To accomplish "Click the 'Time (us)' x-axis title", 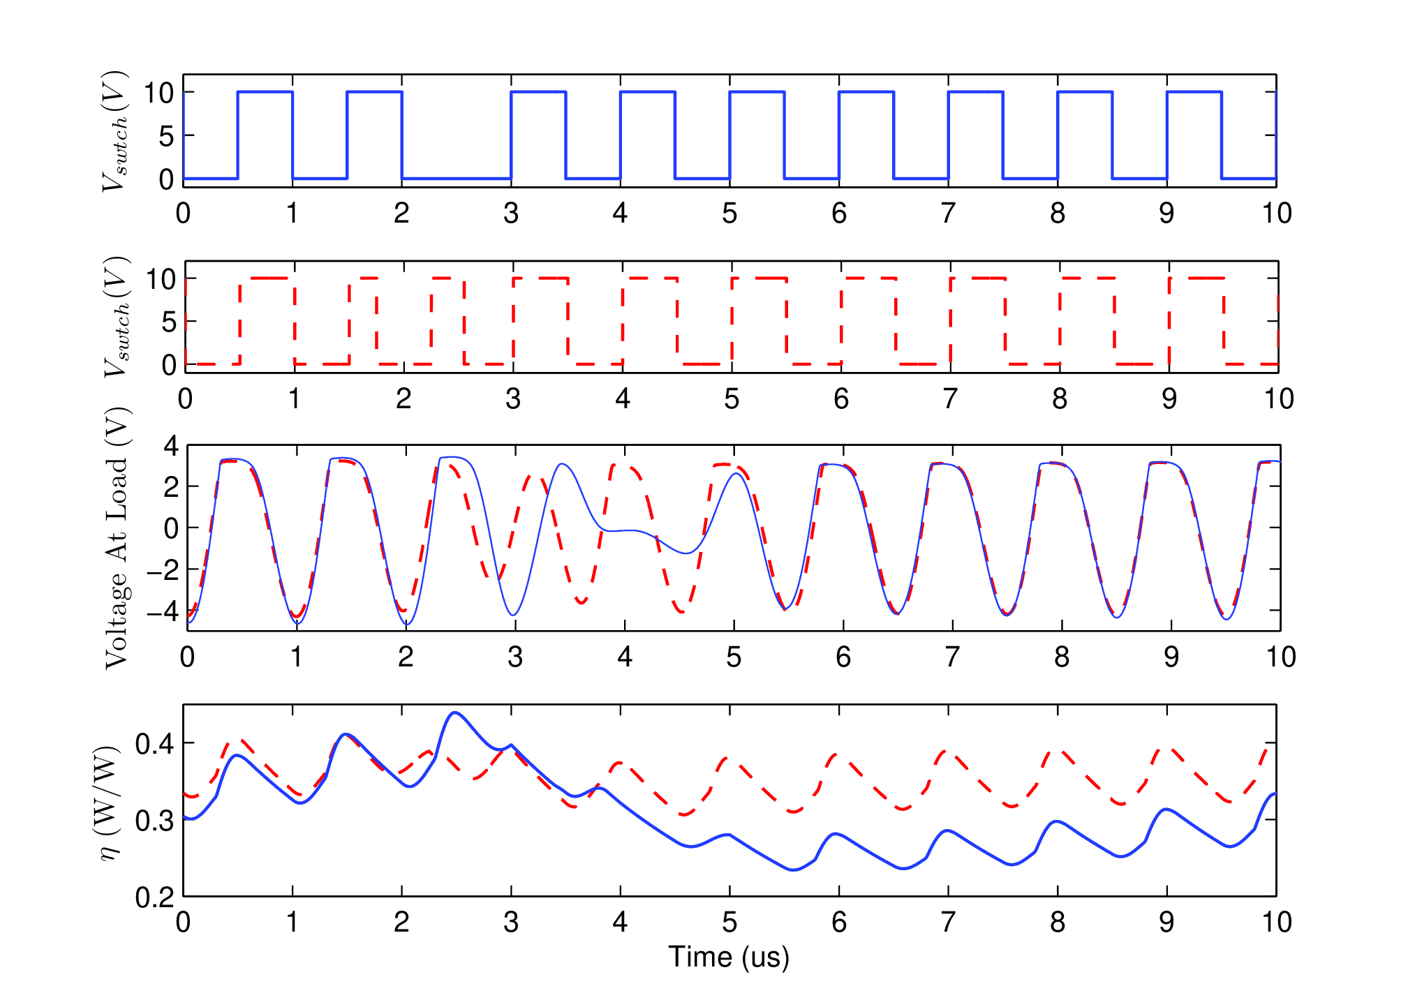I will point(729,957).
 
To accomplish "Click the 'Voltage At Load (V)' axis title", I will point(117,538).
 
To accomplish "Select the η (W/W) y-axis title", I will point(108,803).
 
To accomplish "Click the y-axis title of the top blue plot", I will point(114,130).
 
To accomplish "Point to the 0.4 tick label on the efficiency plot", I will point(154,744).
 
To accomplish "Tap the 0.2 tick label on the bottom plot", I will point(154,897).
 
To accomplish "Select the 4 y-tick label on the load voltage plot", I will point(171,446).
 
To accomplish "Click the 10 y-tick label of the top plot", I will point(158,93).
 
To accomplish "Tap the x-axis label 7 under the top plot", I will point(948,214).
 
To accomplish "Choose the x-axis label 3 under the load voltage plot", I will point(515,657).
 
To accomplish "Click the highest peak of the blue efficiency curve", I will point(455,712).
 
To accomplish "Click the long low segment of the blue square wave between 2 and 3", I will point(457,179).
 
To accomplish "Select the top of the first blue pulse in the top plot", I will point(265,91).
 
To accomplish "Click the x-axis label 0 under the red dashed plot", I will point(185,399).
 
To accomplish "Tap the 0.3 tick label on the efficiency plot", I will point(154,821).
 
